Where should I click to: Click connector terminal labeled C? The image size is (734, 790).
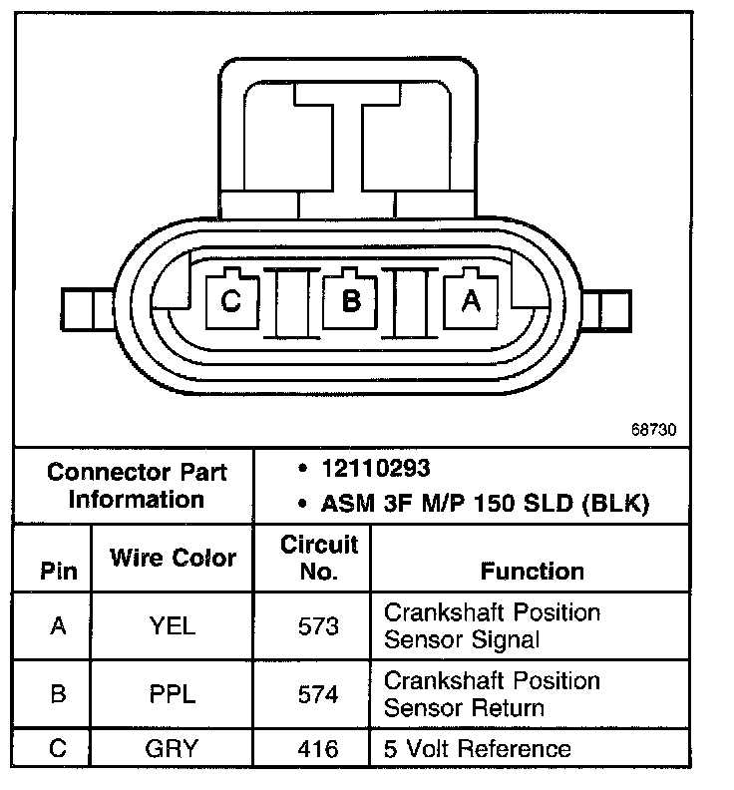coord(231,299)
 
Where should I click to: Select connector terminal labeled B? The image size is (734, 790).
coord(351,299)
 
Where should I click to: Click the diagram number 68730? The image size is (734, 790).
coord(653,431)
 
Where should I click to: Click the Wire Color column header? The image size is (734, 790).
coord(173,558)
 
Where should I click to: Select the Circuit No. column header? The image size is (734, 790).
coord(318,558)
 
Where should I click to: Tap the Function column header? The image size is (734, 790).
coord(532,572)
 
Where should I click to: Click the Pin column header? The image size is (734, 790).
coord(58,573)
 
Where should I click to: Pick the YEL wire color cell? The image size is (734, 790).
coord(173,626)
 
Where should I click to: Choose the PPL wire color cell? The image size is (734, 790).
coord(173,694)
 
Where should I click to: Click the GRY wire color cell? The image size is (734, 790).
coord(173,749)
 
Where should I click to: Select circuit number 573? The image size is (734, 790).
coord(318,626)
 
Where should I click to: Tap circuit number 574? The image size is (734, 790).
coord(318,694)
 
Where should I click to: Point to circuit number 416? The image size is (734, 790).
coord(318,749)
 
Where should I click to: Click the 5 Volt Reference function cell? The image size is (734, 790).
coord(478,749)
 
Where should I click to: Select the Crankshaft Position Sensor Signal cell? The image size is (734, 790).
coord(492,625)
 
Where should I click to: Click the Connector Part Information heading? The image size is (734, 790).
coord(137,485)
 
